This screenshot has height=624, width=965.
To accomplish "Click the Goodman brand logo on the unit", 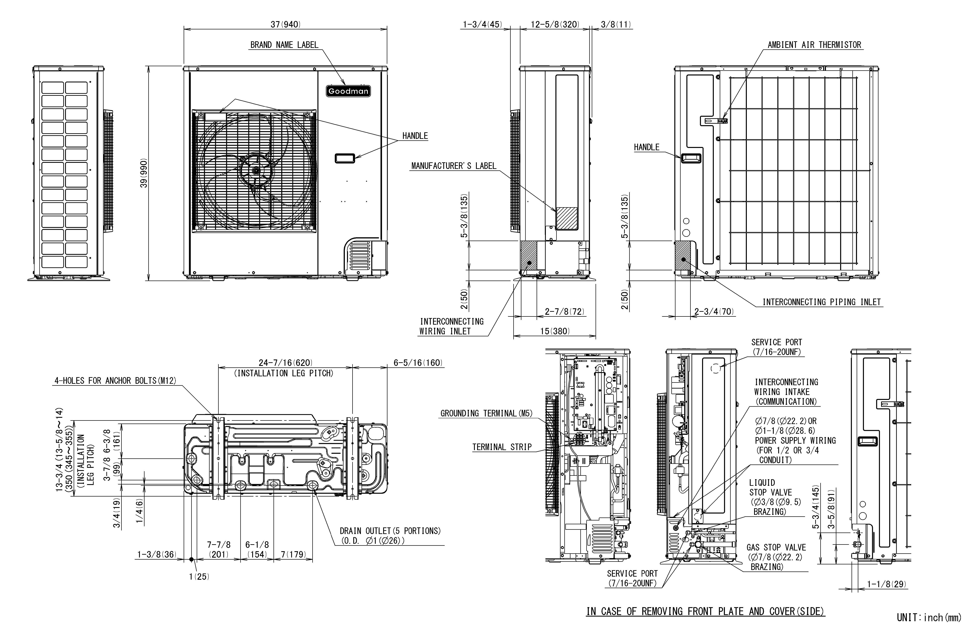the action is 348,91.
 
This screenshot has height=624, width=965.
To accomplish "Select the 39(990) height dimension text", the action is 144,173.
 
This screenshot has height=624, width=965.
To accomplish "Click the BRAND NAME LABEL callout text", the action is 284,45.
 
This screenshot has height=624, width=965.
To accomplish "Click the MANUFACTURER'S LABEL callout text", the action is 454,166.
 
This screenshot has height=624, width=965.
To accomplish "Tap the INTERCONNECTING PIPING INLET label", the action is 821,302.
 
